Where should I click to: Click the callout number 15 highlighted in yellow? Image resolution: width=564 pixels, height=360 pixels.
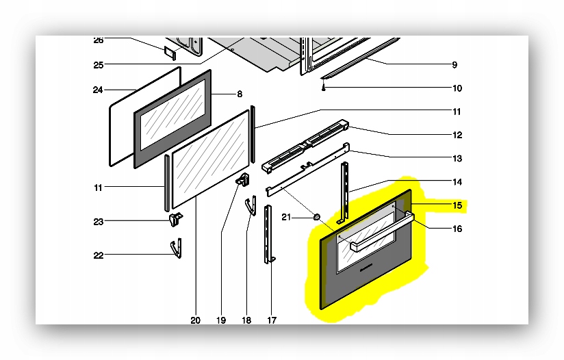pyautogui.click(x=457, y=205)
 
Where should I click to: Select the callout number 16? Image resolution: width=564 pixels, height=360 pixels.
pyautogui.click(x=457, y=229)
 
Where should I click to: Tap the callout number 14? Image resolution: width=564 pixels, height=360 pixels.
pyautogui.click(x=457, y=182)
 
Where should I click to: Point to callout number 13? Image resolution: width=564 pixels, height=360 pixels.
pyautogui.click(x=457, y=159)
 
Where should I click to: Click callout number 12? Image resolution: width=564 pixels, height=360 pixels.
pyautogui.click(x=457, y=136)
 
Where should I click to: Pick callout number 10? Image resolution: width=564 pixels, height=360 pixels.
pyautogui.click(x=457, y=88)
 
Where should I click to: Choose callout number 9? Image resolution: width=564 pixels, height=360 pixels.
pyautogui.click(x=454, y=65)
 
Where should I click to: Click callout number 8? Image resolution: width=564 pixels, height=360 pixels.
pyautogui.click(x=240, y=94)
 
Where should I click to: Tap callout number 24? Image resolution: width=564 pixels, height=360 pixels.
pyautogui.click(x=98, y=90)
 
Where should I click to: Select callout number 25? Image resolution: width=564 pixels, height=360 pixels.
pyautogui.click(x=98, y=66)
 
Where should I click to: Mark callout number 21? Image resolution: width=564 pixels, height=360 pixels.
pyautogui.click(x=286, y=217)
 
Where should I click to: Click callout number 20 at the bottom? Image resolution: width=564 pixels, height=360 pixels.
pyautogui.click(x=195, y=320)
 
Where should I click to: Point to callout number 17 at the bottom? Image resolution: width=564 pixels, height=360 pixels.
pyautogui.click(x=272, y=320)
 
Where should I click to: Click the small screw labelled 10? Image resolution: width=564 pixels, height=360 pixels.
pyautogui.click(x=323, y=87)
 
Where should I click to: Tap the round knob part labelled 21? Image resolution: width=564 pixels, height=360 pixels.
pyautogui.click(x=317, y=217)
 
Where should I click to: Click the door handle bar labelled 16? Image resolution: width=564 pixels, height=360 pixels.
pyautogui.click(x=382, y=232)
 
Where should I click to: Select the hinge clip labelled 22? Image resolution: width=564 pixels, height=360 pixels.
pyautogui.click(x=176, y=248)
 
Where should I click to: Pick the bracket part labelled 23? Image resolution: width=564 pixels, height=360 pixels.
pyautogui.click(x=175, y=220)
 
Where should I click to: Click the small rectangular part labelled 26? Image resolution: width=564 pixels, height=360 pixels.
pyautogui.click(x=170, y=53)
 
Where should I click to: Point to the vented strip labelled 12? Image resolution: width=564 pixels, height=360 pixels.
pyautogui.click(x=305, y=146)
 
